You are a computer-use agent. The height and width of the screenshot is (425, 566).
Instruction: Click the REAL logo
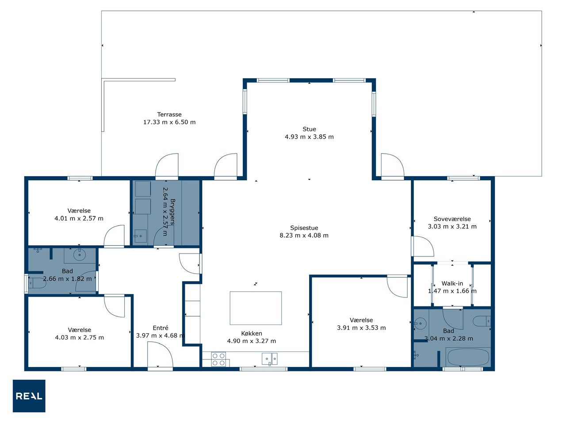pyautogui.click(x=29, y=396)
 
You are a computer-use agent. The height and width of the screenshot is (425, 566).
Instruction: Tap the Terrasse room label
pyautogui.click(x=169, y=114)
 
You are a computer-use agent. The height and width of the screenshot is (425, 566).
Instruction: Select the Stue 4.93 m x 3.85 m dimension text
pyautogui.click(x=309, y=137)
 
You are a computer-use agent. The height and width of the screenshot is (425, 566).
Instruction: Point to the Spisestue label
pyautogui.click(x=304, y=228)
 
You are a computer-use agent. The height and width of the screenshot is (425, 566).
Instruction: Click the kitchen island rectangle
pyautogui.click(x=256, y=308)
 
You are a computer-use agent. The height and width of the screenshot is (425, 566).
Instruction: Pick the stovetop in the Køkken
pyautogui.click(x=218, y=359)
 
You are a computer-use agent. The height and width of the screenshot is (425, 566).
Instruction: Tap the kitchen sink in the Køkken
pyautogui.click(x=269, y=359)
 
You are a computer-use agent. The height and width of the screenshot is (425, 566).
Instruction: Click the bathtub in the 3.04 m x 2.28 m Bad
pyautogui.click(x=468, y=357)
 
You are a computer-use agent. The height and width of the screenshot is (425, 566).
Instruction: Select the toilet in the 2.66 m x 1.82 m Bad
pyautogui.click(x=36, y=283)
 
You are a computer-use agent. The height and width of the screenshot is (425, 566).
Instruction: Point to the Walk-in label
pyautogui.click(x=452, y=283)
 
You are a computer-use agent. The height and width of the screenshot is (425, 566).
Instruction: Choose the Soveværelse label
pyautogui.click(x=452, y=219)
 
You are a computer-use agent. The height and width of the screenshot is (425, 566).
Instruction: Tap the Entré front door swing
pyautogui.click(x=160, y=355)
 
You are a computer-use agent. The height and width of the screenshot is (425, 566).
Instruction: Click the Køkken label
pyautogui.click(x=252, y=333)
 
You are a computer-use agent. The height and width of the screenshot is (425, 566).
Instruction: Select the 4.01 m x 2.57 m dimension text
pyautogui.click(x=79, y=218)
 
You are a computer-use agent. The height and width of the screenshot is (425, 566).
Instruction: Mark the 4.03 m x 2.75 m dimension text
pyautogui.click(x=80, y=337)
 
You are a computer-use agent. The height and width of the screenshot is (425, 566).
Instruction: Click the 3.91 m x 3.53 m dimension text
pyautogui.click(x=361, y=328)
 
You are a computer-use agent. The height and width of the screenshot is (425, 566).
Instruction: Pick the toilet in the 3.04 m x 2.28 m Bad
pyautogui.click(x=482, y=321)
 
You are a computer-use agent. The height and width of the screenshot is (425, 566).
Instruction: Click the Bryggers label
pyautogui.click(x=172, y=212)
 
